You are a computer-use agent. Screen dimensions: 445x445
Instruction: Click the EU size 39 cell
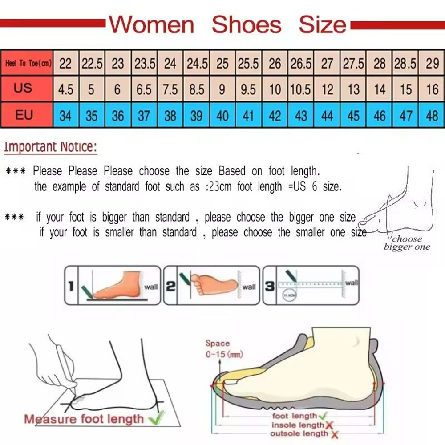tap(196, 116)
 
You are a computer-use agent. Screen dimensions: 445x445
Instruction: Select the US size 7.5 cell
tap(170, 89)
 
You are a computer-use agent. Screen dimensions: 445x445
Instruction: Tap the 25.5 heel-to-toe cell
tap(248, 64)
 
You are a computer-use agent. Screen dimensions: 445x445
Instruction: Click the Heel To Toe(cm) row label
tap(28, 64)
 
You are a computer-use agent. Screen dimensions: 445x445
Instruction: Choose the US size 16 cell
tap(432, 89)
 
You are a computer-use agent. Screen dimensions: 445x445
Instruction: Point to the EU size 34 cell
tap(65, 116)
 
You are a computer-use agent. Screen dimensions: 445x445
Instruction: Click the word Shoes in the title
tap(246, 24)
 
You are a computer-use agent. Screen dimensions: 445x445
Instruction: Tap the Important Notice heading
tap(50, 147)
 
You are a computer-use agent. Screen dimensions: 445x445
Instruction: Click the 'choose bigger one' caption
tap(407, 243)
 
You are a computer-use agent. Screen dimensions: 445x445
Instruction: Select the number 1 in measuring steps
tap(70, 286)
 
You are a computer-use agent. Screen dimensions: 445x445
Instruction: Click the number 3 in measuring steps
tap(270, 286)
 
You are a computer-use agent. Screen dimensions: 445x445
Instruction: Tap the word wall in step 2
tap(249, 287)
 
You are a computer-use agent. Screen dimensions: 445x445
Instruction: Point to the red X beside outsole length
tap(334, 434)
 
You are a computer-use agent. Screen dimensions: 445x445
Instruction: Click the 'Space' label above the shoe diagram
tap(218, 343)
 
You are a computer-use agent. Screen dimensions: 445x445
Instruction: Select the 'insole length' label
tap(298, 425)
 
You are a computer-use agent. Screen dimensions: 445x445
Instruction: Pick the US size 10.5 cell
tap(300, 89)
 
